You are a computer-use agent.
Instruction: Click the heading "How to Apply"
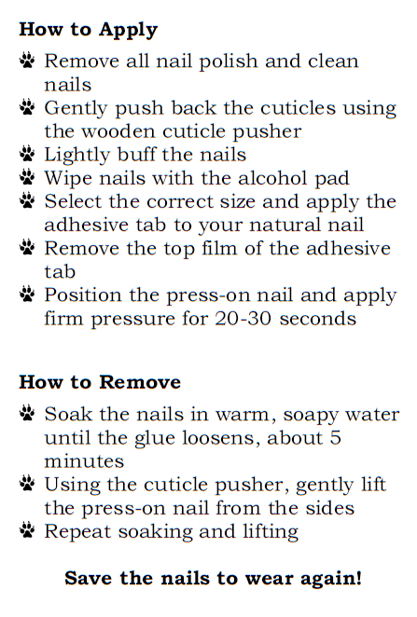[89, 31]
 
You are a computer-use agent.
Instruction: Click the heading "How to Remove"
[100, 382]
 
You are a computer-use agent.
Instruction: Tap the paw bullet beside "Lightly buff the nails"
[27, 154]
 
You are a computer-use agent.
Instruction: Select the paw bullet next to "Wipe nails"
[27, 177]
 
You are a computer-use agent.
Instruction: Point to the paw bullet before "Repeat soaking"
[27, 530]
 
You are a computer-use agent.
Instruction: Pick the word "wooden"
[118, 131]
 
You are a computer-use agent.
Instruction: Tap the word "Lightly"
[77, 156]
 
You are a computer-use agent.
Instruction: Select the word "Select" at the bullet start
[73, 201]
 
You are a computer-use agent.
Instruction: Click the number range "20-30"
[243, 319]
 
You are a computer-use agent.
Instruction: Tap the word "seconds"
[318, 319]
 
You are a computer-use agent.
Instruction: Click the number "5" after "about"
[336, 438]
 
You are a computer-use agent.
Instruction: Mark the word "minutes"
[84, 461]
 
